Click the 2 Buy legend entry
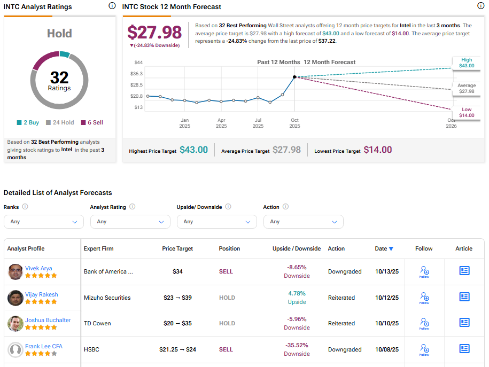pyautogui.click(x=28, y=122)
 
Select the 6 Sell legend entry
pyautogui.click(x=91, y=122)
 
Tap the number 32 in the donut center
pyautogui.click(x=59, y=78)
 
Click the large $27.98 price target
pyautogui.click(x=154, y=32)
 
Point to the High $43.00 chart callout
pyautogui.click(x=467, y=63)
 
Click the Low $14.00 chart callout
pyautogui.click(x=467, y=112)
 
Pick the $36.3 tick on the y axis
pyautogui.click(x=136, y=74)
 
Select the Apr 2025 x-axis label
pyautogui.click(x=221, y=123)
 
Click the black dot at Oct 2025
pyautogui.click(x=294, y=77)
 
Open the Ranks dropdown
pyautogui.click(x=44, y=222)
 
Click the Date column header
pyautogui.click(x=384, y=248)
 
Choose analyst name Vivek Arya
pyautogui.click(x=38, y=268)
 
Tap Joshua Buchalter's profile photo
pyautogui.click(x=15, y=324)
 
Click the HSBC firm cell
pyautogui.click(x=91, y=349)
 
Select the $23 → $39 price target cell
pyautogui.click(x=177, y=298)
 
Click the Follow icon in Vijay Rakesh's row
pyautogui.click(x=424, y=298)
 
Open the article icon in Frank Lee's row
pyautogui.click(x=464, y=349)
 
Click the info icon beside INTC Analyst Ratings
pyautogui.click(x=112, y=6)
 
